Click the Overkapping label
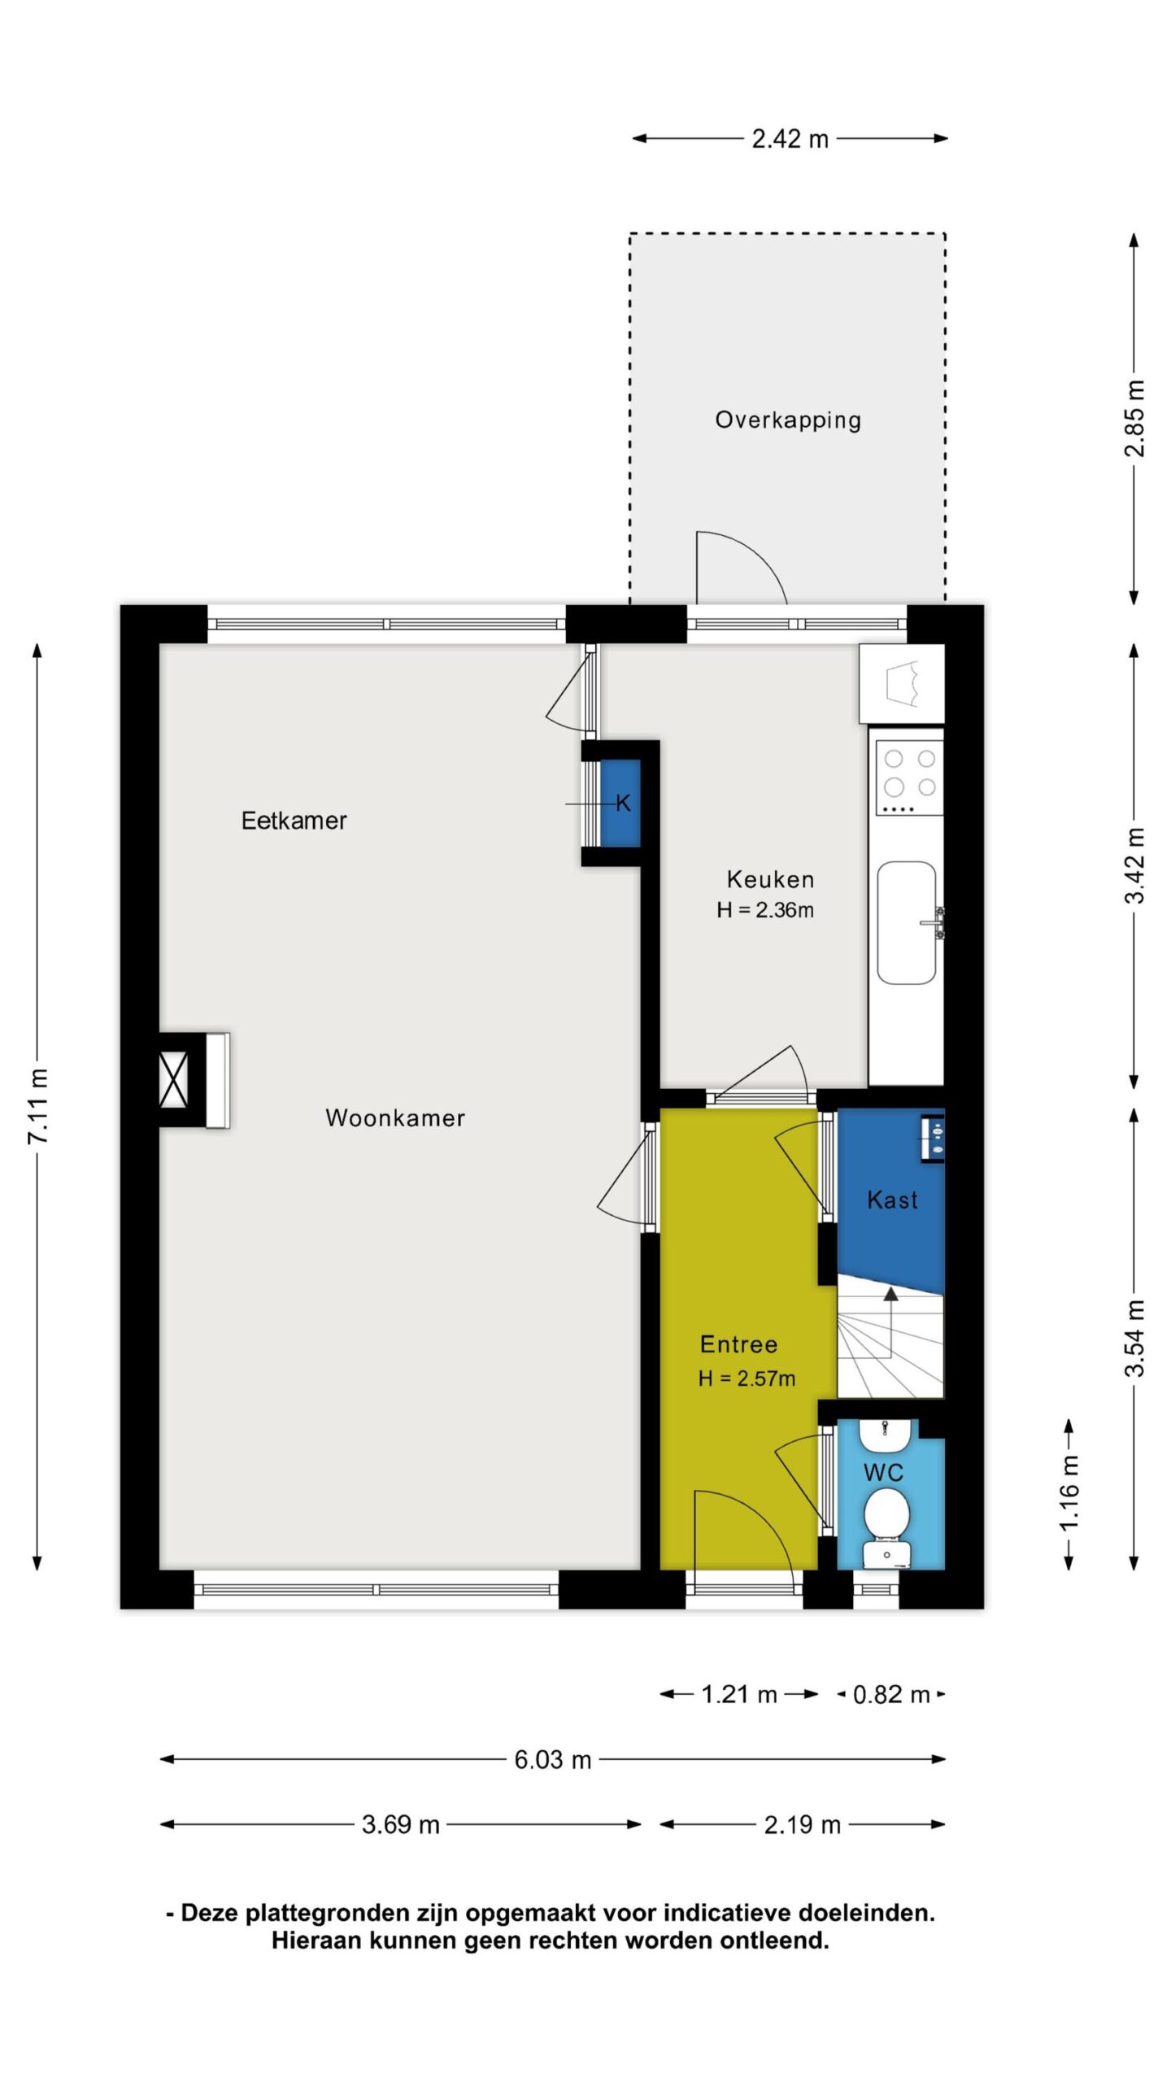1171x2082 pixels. coord(787,420)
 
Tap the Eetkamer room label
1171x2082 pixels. coord(294,820)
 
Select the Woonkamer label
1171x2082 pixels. coord(395,1117)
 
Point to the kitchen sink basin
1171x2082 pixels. coord(907,923)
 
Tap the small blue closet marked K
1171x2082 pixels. coord(620,803)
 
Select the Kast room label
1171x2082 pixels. coord(892,1200)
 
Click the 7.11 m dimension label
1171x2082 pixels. coord(37,1107)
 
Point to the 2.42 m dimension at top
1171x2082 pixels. coord(790,139)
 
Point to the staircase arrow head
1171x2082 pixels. coord(891,1294)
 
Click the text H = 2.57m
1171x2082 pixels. coord(747,1378)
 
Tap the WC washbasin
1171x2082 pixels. coord(884,1437)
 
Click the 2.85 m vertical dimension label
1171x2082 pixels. coord(1134,418)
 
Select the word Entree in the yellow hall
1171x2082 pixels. coord(738,1344)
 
